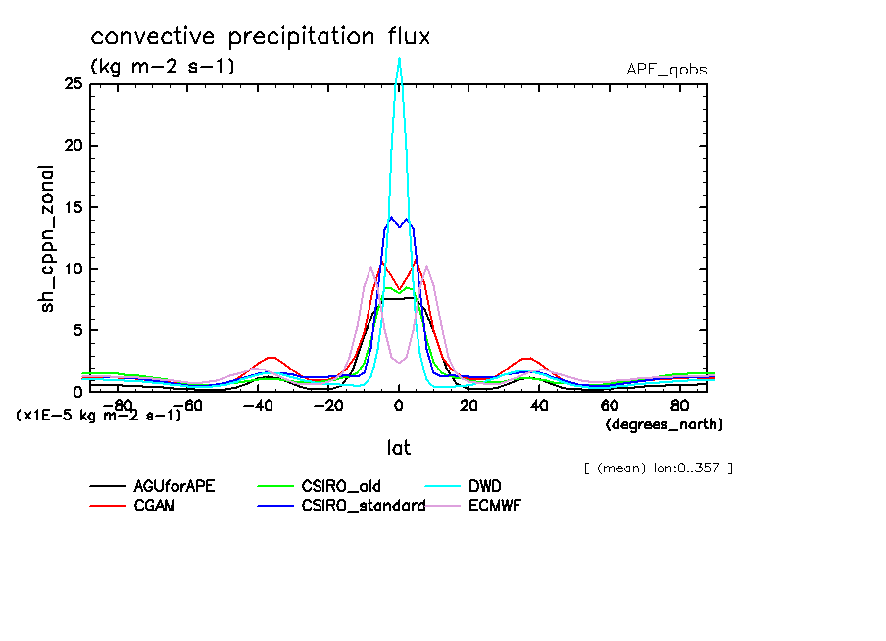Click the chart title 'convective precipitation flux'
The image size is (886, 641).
pyautogui.click(x=261, y=37)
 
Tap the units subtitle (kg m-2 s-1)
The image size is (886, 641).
pyautogui.click(x=163, y=67)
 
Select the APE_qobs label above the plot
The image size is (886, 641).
pyautogui.click(x=666, y=70)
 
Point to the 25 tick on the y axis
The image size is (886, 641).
pyautogui.click(x=73, y=84)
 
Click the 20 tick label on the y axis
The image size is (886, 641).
pyautogui.click(x=73, y=146)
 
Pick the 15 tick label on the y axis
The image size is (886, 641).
pyautogui.click(x=73, y=208)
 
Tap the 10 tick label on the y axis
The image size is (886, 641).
pyautogui.click(x=73, y=269)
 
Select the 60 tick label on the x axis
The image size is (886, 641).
pyautogui.click(x=609, y=405)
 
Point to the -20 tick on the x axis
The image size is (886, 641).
pyautogui.click(x=327, y=405)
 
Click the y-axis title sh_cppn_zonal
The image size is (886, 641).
pyautogui.click(x=48, y=238)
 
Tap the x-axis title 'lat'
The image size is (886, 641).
pyautogui.click(x=398, y=448)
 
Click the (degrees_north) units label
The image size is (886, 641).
pyautogui.click(x=664, y=424)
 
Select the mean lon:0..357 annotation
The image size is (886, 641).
pyautogui.click(x=657, y=468)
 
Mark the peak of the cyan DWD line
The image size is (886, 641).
pyautogui.click(x=399, y=58)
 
